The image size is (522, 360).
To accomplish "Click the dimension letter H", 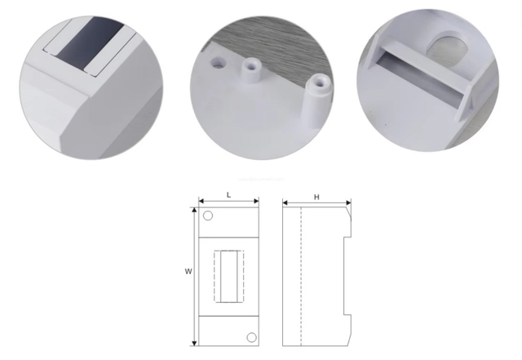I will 316,196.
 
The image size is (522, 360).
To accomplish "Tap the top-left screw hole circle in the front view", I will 208,216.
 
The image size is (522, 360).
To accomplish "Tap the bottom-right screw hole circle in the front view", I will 251,336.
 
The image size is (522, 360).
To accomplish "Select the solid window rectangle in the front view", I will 229,275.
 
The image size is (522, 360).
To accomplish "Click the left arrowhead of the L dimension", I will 201,201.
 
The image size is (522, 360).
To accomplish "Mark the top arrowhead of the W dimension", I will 193,210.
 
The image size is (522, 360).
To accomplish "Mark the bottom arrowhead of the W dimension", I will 193,343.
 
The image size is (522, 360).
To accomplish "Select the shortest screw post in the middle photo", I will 218,61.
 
